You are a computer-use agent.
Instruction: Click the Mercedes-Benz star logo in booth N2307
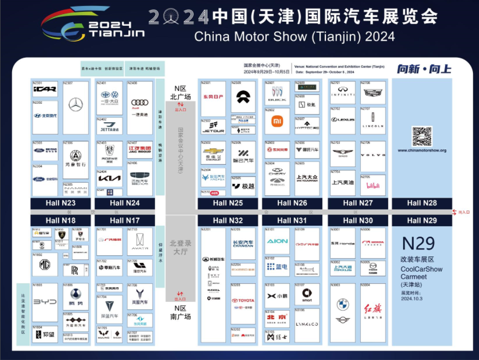[x=76, y=105]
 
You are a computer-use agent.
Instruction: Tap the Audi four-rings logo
[x=140, y=102]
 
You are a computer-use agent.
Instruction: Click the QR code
[x=422, y=136]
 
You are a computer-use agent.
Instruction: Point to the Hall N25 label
[x=228, y=203]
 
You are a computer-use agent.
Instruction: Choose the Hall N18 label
[x=60, y=220]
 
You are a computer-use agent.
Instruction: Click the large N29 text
[x=418, y=243]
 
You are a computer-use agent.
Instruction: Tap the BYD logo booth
[x=45, y=302]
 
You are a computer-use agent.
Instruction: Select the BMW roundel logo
[x=343, y=304]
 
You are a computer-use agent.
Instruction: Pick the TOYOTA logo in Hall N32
[x=244, y=300]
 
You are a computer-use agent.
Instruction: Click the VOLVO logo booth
[x=373, y=155]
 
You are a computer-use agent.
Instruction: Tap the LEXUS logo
[x=343, y=120]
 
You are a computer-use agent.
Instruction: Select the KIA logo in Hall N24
[x=110, y=179]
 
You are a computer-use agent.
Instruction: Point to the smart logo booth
[x=307, y=294]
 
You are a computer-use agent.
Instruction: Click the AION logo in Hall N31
[x=277, y=241]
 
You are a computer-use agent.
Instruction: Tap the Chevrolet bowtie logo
[x=213, y=151]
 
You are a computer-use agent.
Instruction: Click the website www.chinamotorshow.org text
[x=422, y=150]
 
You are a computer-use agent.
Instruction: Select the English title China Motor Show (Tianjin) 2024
[x=295, y=36]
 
